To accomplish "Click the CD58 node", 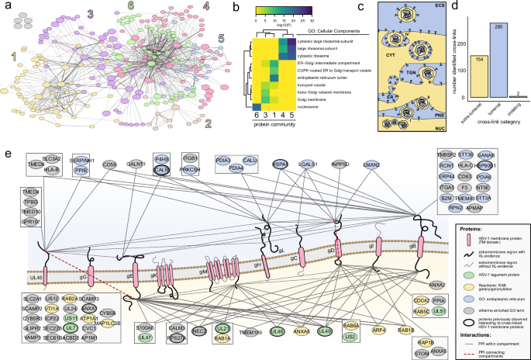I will pyautogui.click(x=110, y=164).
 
